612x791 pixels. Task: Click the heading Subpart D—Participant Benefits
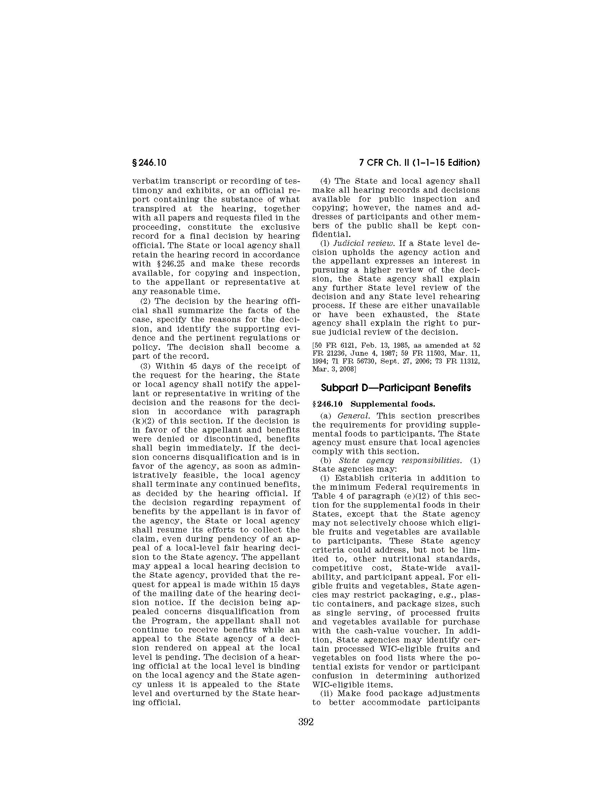pyautogui.click(x=396, y=388)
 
